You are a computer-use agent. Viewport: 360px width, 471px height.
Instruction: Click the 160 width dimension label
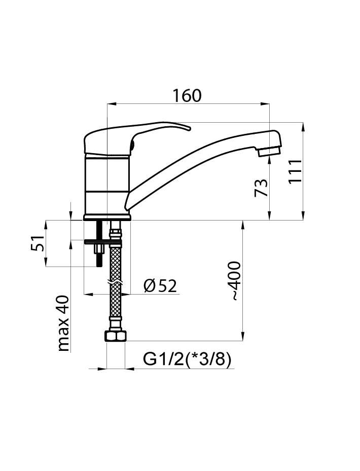click(x=187, y=95)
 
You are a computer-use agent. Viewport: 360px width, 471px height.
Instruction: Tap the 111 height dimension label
click(x=295, y=171)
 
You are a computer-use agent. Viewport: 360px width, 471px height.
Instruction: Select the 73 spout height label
click(x=261, y=188)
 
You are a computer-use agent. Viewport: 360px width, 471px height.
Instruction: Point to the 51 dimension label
click(x=38, y=243)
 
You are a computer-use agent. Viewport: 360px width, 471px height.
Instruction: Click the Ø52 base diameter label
click(x=160, y=285)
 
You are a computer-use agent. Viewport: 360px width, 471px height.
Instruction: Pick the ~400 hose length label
click(x=234, y=281)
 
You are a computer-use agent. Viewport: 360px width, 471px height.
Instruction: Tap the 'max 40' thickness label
click(x=63, y=323)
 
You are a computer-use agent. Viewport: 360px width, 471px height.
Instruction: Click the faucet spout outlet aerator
click(x=270, y=151)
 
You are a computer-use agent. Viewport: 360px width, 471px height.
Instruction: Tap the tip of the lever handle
click(x=189, y=129)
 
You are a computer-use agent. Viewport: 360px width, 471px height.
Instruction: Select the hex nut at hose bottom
click(x=115, y=336)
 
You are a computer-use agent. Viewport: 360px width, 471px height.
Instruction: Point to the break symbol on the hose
click(x=115, y=283)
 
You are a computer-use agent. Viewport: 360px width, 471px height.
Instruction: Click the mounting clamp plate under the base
click(x=103, y=241)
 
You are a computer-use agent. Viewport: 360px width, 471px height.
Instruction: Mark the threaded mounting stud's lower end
click(x=99, y=265)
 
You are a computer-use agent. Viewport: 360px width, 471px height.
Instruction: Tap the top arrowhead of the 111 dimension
click(x=303, y=127)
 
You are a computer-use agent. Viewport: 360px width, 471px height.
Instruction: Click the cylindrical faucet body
click(x=107, y=185)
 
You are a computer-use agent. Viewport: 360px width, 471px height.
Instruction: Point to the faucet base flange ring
click(x=107, y=218)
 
